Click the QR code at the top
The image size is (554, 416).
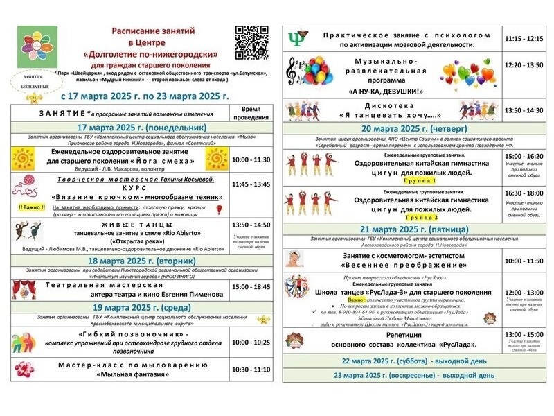click(251, 42)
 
